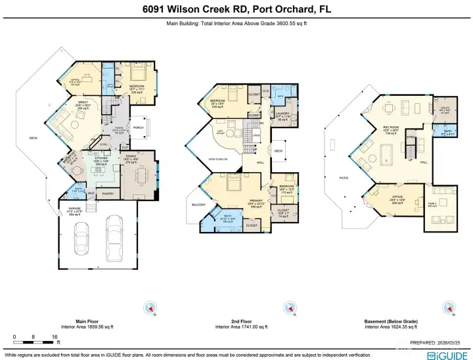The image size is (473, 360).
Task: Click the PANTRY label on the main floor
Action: [x=109, y=193]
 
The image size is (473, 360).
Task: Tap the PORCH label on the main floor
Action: [x=139, y=127]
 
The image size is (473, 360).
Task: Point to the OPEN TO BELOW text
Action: [x=218, y=159]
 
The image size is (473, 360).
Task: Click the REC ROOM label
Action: [x=392, y=129]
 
